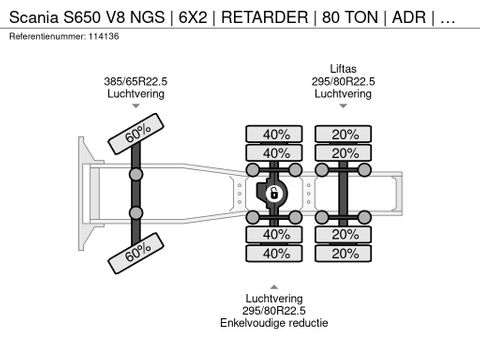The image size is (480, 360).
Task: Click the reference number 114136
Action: pos(103,36)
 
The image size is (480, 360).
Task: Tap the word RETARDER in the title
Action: pos(265,17)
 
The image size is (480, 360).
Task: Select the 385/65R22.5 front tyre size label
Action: pos(136,81)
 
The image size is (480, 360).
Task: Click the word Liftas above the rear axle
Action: pos(343,69)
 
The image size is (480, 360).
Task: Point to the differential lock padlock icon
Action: pos(274,193)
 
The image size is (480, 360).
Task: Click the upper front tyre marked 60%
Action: pos(136,134)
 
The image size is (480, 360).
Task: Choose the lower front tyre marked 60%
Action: pos(136,253)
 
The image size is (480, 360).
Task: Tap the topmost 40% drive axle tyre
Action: pos(274,134)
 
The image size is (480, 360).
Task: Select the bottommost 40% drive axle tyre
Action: pos(274,254)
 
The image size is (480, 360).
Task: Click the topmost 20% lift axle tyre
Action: pos(343,134)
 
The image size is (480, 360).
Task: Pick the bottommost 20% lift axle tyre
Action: pos(343,254)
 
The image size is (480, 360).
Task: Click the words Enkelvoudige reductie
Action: pos(274,323)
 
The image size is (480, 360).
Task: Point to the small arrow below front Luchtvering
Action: pos(136,106)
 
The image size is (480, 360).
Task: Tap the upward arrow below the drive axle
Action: pos(274,287)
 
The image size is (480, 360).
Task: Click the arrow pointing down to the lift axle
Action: pos(343,106)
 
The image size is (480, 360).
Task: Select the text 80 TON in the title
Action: pos(350,17)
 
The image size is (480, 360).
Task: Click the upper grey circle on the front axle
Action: pos(136,174)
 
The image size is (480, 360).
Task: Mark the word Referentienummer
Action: pos(47,36)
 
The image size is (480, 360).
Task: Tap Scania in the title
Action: pos(34,17)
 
